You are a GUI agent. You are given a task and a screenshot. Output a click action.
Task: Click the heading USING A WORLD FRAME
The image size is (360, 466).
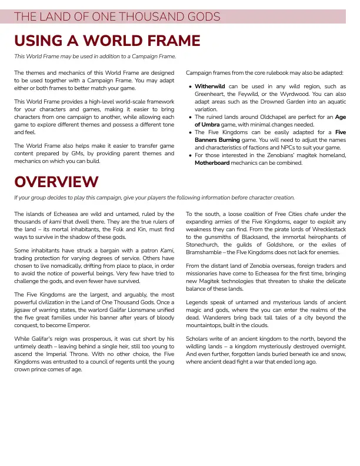(107, 41)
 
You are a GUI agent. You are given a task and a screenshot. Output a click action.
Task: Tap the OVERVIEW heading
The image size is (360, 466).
(56, 181)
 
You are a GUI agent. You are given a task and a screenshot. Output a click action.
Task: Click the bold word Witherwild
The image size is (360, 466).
(210, 86)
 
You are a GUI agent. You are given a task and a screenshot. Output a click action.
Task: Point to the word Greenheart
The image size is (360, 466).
(211, 94)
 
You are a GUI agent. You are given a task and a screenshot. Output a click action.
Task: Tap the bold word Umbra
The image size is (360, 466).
(212, 125)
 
